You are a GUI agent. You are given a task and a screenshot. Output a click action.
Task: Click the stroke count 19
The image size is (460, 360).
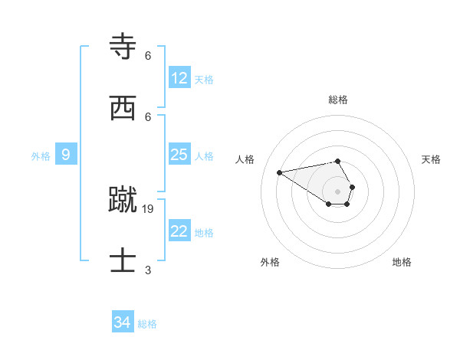point(148,208)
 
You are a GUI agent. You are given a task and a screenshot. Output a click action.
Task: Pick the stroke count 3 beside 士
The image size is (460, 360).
point(148,270)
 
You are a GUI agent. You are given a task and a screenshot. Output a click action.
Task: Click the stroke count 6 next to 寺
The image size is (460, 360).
point(148,56)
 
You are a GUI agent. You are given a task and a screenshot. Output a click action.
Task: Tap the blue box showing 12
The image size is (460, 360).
point(179,78)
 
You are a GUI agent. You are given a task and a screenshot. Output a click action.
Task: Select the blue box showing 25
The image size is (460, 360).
point(179,155)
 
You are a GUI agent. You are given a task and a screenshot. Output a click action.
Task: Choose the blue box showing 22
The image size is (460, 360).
point(179,231)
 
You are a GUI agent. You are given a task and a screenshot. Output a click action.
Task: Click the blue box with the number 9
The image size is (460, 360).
point(66,155)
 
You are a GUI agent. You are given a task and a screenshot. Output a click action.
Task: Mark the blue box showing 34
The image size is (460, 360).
point(122,322)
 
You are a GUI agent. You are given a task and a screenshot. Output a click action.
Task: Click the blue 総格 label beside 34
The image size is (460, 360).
point(147,324)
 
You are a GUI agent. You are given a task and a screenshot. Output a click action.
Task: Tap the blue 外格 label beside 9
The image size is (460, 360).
point(41,156)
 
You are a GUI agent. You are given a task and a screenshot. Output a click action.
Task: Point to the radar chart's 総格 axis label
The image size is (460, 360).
point(338,100)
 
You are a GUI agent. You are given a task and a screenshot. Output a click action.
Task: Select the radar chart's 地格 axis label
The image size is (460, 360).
point(402,262)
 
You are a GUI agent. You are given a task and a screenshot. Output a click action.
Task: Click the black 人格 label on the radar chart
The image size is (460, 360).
point(245,159)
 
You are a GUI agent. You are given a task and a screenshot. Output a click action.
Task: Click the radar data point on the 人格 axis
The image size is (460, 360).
point(280,172)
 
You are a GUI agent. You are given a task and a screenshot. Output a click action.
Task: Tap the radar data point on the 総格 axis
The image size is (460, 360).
point(338,161)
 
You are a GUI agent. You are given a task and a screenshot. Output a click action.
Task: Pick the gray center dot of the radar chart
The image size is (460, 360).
point(338,191)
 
